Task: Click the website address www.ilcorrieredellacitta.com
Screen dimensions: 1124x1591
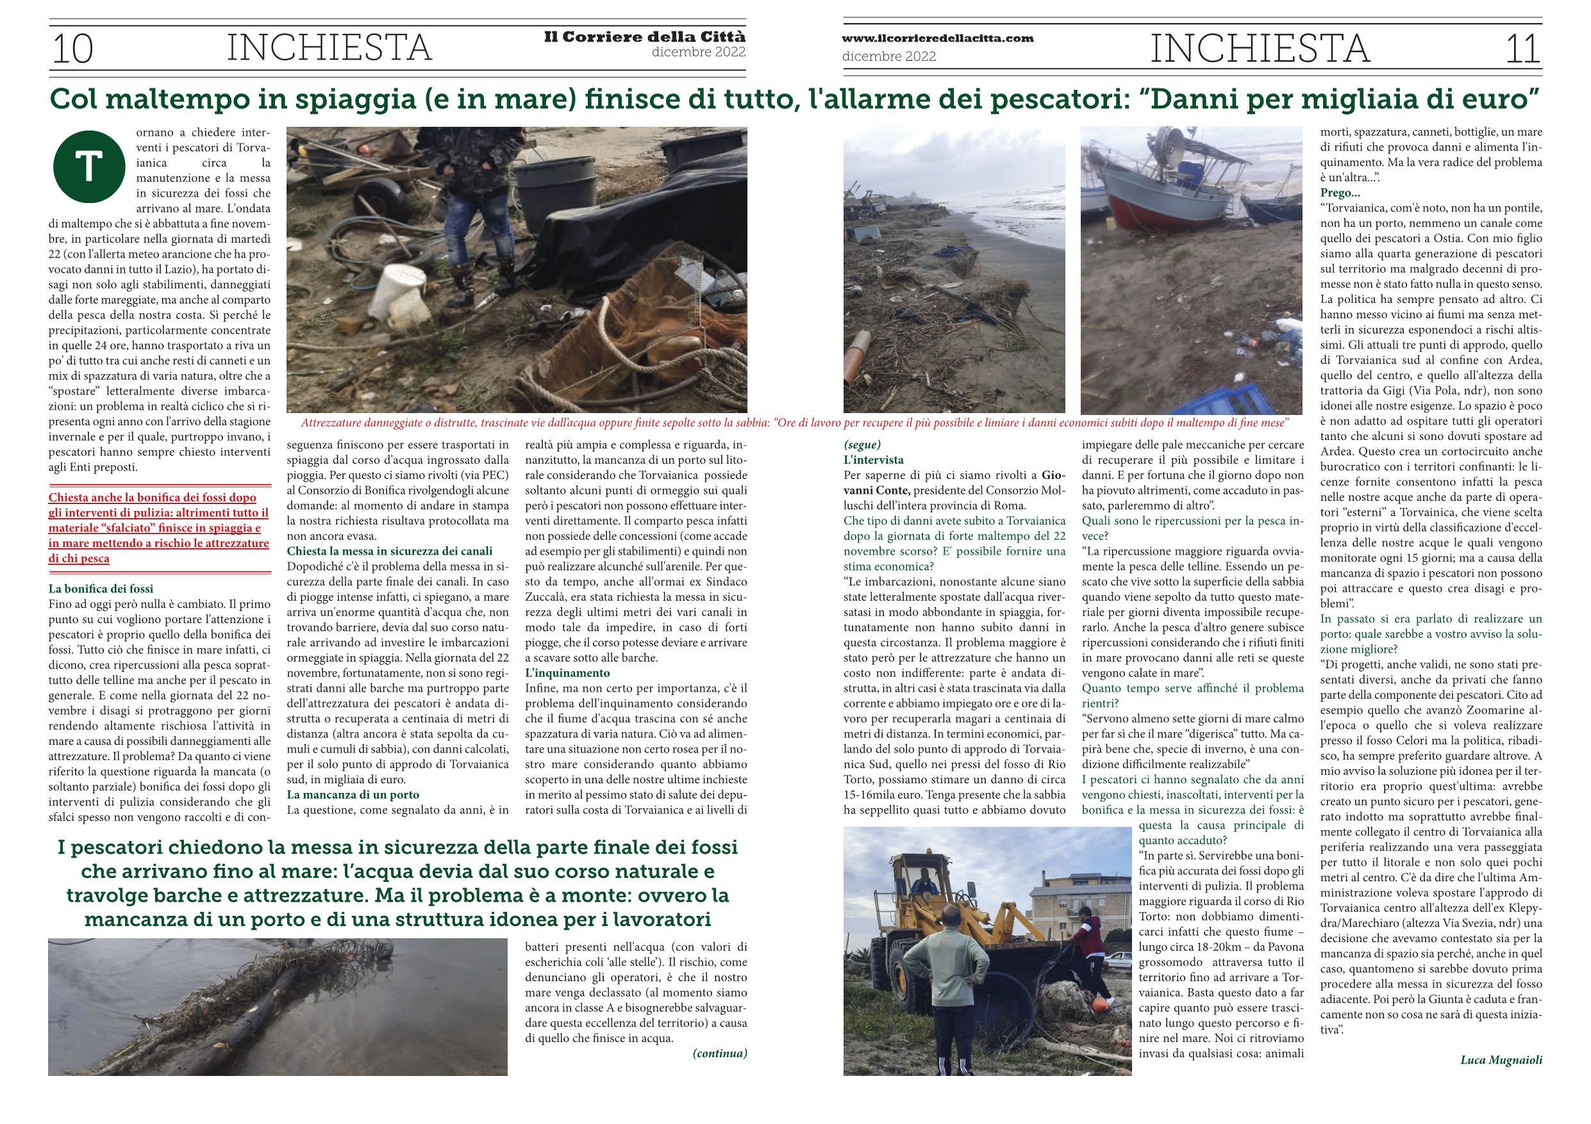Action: [938, 39]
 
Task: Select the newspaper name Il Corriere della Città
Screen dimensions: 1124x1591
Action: [644, 37]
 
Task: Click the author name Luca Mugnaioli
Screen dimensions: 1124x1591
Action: [1501, 1059]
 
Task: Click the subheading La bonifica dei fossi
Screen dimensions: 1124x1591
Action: [101, 589]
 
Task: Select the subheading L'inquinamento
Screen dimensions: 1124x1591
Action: [567, 672]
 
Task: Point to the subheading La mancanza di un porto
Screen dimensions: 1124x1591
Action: [353, 794]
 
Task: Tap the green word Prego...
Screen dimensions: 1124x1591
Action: [1340, 193]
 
